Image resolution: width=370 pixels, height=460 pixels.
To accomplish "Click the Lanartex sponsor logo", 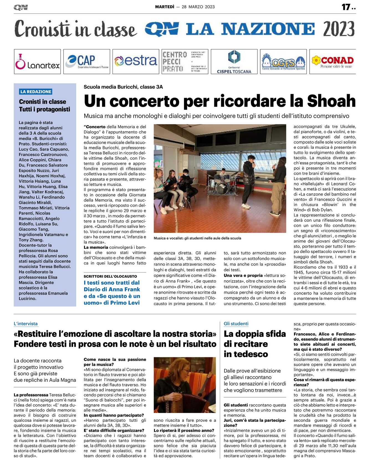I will [37, 62].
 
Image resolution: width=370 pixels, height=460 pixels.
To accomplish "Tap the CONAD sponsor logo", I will [333, 62].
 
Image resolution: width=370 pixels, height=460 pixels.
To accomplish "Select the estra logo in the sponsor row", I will [136, 61].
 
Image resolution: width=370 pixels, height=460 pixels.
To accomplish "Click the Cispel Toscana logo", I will [234, 62].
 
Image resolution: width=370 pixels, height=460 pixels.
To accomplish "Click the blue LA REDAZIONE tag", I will [36, 92].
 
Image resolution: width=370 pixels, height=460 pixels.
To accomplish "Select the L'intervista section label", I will [25, 323].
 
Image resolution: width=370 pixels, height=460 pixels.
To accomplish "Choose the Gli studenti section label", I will [236, 323].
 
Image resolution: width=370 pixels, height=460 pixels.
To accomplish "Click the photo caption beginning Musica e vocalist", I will [197, 238].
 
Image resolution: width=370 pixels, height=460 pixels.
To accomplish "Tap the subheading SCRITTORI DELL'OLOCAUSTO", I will [110, 276].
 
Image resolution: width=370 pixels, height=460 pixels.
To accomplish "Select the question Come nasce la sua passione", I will [115, 362].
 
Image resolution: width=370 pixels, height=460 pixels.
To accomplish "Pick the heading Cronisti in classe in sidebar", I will [42, 102].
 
